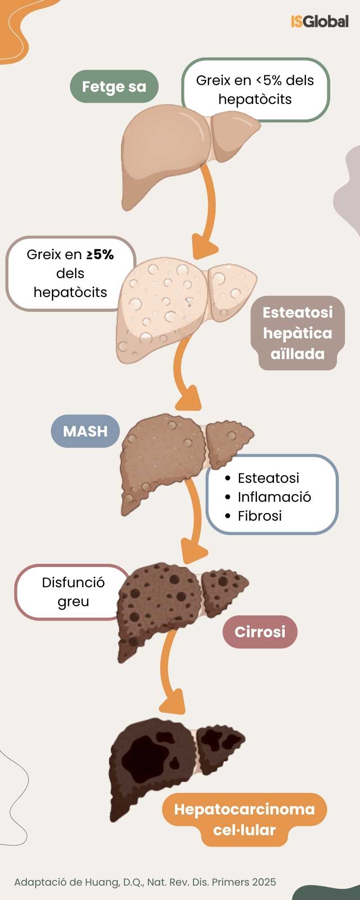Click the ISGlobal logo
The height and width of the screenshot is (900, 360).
click(319, 22)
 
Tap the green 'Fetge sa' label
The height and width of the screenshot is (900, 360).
click(114, 86)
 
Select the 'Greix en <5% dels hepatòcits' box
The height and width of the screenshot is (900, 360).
click(255, 89)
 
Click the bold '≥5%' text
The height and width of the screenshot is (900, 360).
click(100, 255)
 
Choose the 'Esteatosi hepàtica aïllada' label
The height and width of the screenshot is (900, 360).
click(297, 333)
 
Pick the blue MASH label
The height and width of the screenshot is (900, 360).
click(85, 431)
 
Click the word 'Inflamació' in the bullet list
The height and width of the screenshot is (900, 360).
click(274, 497)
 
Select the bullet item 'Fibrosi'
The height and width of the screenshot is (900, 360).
click(260, 516)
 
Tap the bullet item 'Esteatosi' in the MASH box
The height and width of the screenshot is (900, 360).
click(268, 478)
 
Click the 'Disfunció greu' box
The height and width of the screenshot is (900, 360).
click(73, 592)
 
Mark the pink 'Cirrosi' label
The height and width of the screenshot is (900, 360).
click(260, 632)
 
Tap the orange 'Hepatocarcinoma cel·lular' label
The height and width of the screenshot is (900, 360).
click(244, 819)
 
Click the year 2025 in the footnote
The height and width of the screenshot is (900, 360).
click(264, 882)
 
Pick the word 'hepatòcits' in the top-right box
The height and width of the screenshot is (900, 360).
click(255, 99)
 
